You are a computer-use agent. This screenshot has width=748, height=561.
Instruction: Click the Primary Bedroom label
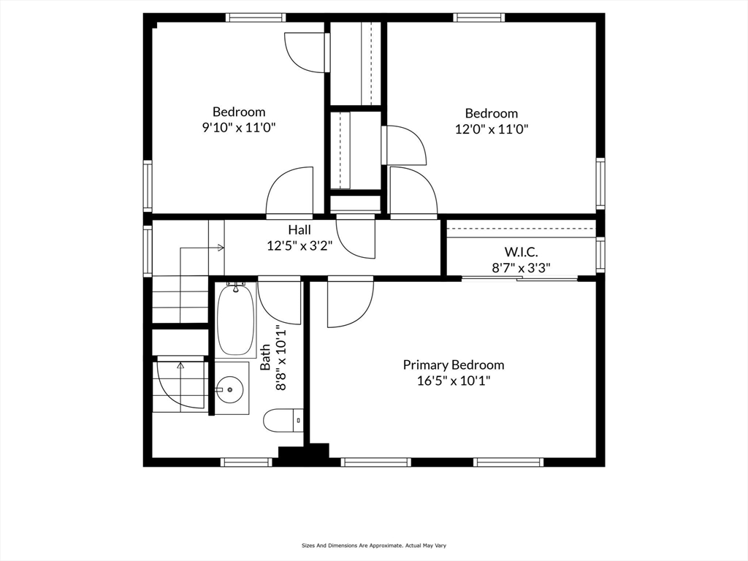(x=453, y=365)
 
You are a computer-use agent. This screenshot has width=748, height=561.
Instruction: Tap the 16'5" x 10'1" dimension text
(x=453, y=381)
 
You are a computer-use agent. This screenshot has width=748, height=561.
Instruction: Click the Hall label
(x=299, y=229)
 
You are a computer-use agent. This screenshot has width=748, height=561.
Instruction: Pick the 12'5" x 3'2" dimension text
(x=299, y=245)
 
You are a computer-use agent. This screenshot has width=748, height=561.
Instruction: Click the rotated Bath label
(x=266, y=356)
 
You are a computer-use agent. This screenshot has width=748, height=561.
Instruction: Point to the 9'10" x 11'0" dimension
(x=239, y=127)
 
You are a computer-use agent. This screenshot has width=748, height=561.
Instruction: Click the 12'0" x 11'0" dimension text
(x=492, y=129)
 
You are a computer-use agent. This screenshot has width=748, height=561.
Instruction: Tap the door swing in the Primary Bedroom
(x=348, y=303)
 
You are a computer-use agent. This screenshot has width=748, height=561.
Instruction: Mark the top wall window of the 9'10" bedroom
(x=253, y=18)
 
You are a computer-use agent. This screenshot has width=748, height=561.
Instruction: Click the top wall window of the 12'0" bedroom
(x=478, y=18)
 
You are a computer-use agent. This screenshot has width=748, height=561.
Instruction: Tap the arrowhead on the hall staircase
(x=221, y=248)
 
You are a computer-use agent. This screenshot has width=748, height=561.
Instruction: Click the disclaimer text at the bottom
(x=373, y=545)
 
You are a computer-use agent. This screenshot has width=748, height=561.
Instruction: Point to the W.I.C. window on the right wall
(x=600, y=254)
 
